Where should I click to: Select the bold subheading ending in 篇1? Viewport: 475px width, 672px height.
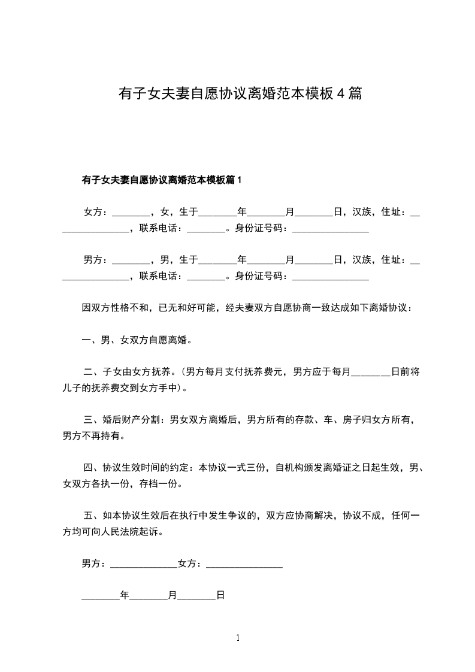(161, 179)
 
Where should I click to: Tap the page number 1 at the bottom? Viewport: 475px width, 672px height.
(238, 638)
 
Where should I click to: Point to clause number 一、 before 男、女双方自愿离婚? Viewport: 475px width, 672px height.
(91, 340)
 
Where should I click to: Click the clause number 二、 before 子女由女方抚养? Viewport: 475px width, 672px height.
(92, 372)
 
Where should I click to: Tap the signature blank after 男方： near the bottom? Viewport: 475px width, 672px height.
(144, 565)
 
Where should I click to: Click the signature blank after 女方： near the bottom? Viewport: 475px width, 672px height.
(244, 565)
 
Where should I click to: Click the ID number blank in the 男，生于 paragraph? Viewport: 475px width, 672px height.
(331, 277)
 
